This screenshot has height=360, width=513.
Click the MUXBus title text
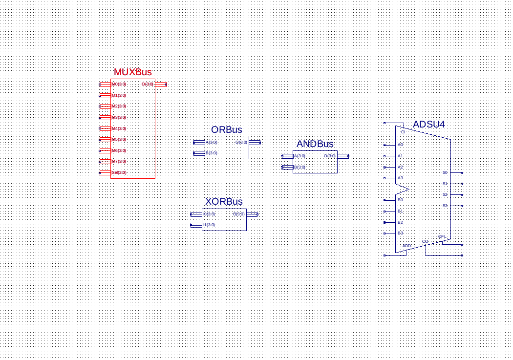coord(132,72)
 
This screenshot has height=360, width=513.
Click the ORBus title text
coord(226,130)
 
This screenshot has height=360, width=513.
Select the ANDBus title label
coord(315,144)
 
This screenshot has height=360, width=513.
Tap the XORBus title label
coord(224,202)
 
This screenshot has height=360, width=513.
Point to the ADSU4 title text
coord(428,125)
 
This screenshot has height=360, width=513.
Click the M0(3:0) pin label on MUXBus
coord(119,85)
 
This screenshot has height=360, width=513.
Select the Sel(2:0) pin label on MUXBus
coord(119,172)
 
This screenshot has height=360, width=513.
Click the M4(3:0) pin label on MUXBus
coord(119,128)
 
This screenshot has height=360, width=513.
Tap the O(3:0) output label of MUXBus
coord(147,85)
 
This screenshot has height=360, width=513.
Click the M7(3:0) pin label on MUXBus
coord(119,161)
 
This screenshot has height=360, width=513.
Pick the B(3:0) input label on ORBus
coord(211,153)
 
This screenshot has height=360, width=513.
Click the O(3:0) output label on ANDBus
coord(330,156)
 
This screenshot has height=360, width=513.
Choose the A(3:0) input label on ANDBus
coord(299,156)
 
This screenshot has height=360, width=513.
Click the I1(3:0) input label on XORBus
coord(209,225)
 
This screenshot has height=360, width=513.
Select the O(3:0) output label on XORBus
coord(238,214)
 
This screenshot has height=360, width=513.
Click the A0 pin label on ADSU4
coord(400,145)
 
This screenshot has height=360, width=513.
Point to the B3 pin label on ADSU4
coord(400,233)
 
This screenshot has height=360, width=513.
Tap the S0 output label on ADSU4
coord(445,172)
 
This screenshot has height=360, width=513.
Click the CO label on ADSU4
coord(425,241)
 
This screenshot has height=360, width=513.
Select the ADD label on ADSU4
coord(406,246)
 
